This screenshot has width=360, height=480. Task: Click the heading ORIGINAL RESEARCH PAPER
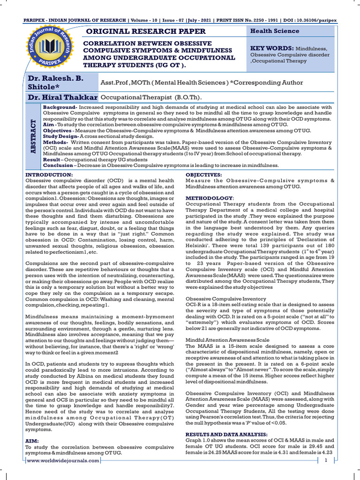click(144, 31)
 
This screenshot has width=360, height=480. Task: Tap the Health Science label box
click(275, 31)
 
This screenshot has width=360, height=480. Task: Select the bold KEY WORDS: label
click(272, 48)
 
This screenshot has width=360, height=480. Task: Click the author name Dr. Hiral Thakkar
click(62, 97)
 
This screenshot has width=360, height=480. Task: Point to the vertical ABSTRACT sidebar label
click(33, 136)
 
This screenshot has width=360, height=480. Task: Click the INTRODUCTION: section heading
click(49, 175)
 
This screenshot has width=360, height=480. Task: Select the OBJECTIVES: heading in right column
click(204, 175)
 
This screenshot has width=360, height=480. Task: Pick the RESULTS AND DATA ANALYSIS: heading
click(226, 435)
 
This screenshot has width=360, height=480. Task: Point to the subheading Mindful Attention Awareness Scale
click(227, 340)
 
